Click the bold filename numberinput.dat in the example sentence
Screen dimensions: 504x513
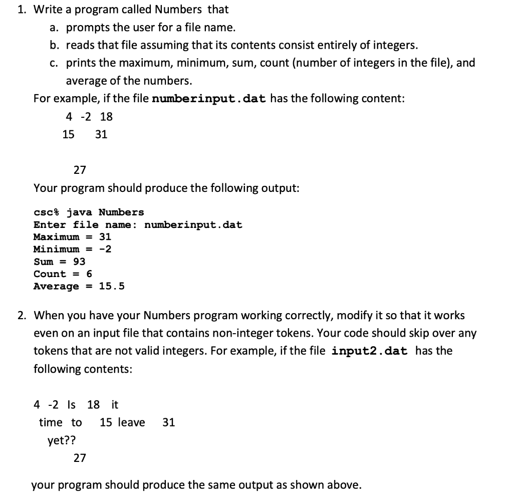click(208, 98)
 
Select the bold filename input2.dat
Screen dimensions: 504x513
click(369, 351)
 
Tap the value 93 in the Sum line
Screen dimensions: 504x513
click(79, 262)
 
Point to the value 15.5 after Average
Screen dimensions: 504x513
click(112, 286)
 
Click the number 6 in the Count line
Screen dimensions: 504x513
click(89, 274)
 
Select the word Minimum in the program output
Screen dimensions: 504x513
click(56, 249)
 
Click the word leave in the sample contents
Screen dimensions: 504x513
click(132, 422)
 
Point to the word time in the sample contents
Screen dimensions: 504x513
click(51, 422)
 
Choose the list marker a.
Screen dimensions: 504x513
click(56, 27)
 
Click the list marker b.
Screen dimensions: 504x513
click(56, 45)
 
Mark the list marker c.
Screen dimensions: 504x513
click(56, 63)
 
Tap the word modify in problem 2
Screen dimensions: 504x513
click(357, 316)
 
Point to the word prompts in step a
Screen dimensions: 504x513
click(85, 27)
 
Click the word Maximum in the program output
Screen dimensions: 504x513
click(56, 236)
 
